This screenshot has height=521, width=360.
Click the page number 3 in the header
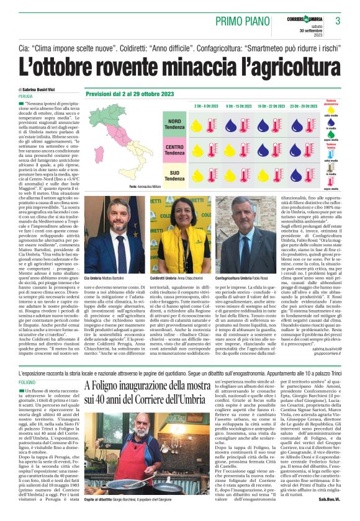tap(338, 21)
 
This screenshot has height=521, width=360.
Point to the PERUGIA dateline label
tap(25, 97)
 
